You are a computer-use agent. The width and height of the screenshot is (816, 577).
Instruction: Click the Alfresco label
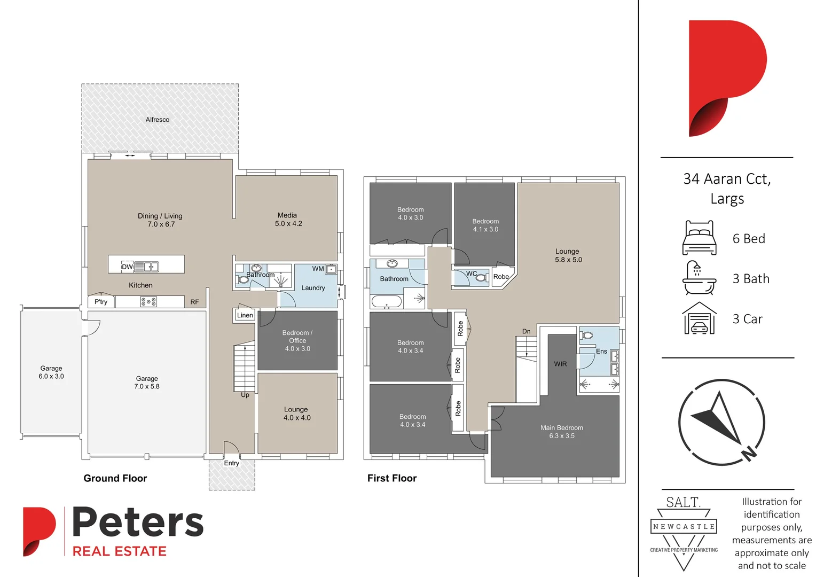[x=158, y=120]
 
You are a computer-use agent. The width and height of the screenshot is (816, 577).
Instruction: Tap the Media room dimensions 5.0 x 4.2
[x=288, y=224]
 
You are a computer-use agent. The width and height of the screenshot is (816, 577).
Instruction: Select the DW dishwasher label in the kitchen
[x=127, y=267]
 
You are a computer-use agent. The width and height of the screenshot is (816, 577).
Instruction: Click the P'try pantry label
[x=101, y=302]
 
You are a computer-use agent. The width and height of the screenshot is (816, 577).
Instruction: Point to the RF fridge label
[x=194, y=302]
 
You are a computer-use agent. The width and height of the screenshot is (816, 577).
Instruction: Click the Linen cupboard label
[x=245, y=315]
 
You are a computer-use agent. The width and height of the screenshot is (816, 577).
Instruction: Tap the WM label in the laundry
[x=318, y=269]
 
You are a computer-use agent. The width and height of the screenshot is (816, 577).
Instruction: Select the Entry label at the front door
[x=232, y=463]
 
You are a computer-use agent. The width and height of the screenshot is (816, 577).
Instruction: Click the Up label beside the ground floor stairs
[x=245, y=395]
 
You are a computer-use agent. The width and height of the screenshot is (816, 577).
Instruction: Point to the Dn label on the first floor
[x=527, y=332]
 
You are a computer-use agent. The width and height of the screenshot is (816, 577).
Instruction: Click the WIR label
[x=560, y=364]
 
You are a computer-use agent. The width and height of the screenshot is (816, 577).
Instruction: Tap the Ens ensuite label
[x=601, y=352]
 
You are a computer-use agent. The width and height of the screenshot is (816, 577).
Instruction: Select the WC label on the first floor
[x=472, y=274]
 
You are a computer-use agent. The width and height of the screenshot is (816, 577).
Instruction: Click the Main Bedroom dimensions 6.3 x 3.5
[x=562, y=436]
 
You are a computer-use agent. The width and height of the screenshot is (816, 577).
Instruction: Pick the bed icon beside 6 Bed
[x=699, y=238]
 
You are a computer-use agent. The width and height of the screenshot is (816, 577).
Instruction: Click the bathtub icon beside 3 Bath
[x=699, y=278]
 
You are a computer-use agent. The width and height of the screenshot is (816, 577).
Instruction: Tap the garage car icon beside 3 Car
[x=699, y=318]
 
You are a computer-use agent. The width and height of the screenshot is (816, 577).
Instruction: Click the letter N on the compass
[x=749, y=453]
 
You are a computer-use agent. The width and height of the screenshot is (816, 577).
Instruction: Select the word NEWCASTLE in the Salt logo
[x=684, y=527]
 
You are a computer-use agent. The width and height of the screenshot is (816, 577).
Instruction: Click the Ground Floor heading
[x=115, y=479]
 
